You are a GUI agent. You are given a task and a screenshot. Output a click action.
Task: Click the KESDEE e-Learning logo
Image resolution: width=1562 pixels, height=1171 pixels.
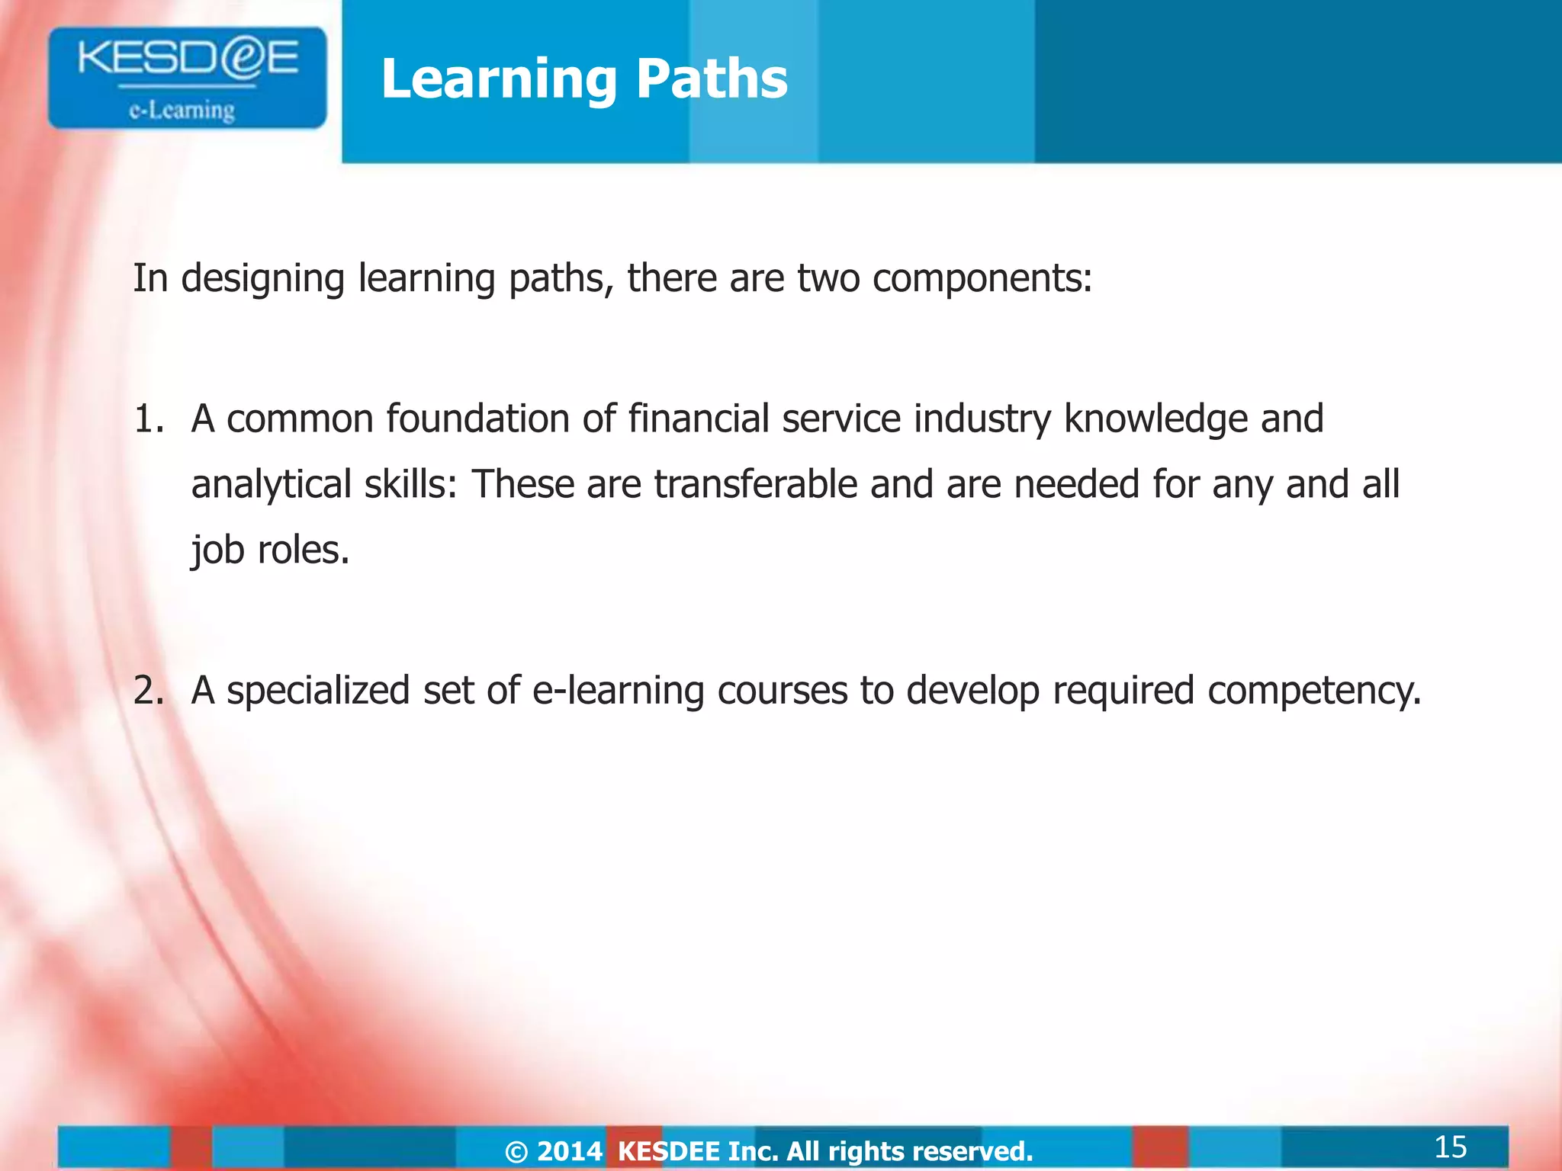(x=187, y=78)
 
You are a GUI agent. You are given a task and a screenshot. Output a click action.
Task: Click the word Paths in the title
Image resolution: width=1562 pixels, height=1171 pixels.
(x=711, y=79)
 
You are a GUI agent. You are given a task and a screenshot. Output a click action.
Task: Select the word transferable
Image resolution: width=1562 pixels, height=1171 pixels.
(x=755, y=485)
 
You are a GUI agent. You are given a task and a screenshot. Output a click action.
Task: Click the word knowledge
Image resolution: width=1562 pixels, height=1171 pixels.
(x=1155, y=419)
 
